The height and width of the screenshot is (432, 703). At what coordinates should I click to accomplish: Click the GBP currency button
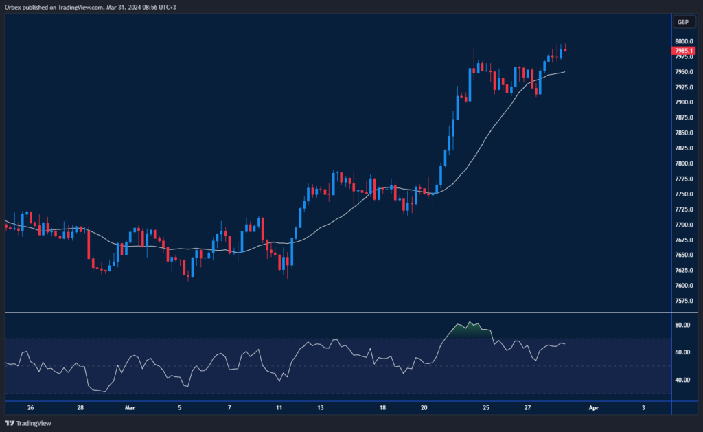[682, 22]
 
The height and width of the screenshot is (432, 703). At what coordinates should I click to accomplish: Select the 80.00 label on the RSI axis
[682, 325]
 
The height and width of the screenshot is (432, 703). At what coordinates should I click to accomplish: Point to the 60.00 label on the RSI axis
[682, 352]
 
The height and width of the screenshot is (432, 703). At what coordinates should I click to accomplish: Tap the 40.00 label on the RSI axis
[682, 380]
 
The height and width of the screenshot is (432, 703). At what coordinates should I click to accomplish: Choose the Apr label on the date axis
[594, 407]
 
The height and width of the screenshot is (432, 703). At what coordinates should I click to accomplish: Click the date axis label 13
[320, 407]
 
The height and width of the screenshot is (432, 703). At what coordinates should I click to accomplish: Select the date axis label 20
[424, 407]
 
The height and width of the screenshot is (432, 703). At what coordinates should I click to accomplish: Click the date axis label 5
[180, 407]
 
